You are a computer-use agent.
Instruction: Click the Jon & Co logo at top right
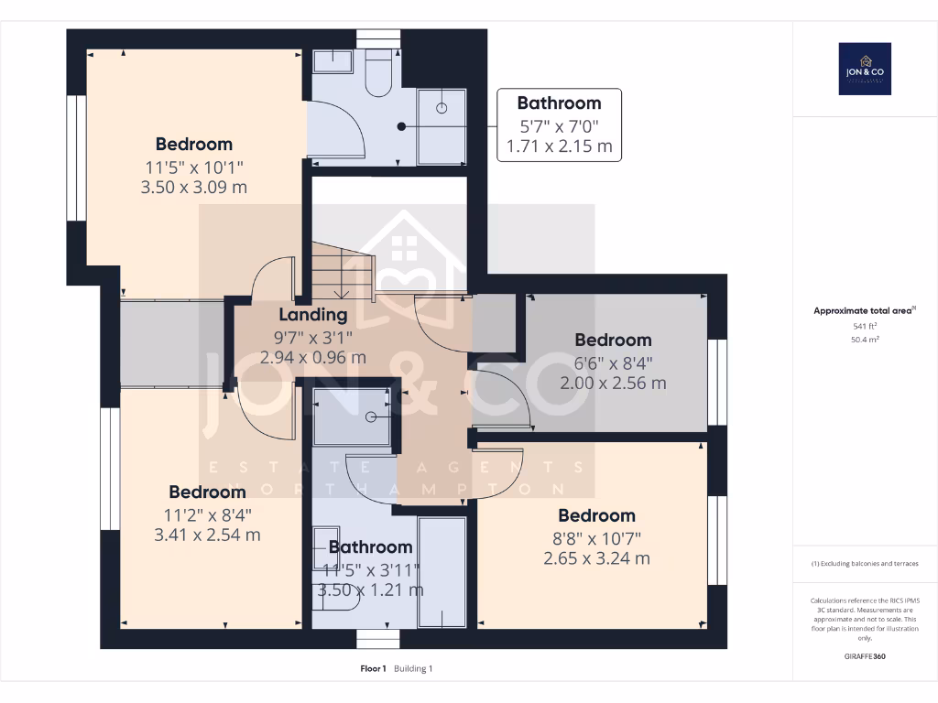click(x=865, y=69)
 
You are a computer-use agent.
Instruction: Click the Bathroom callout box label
click(x=559, y=103)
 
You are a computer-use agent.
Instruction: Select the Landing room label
click(x=312, y=315)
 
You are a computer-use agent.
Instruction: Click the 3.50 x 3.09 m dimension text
click(x=194, y=188)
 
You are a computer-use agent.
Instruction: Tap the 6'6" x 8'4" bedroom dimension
click(x=613, y=362)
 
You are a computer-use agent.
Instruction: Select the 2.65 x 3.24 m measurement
click(x=596, y=558)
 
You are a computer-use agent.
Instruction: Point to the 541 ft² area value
click(x=865, y=326)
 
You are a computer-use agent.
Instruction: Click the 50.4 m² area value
click(x=865, y=339)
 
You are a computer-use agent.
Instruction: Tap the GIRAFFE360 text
click(x=865, y=656)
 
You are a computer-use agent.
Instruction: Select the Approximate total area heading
click(x=864, y=311)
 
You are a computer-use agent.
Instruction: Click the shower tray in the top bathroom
click(x=442, y=126)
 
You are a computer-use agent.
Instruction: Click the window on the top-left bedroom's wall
click(x=76, y=157)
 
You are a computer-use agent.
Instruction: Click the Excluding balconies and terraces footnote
click(x=865, y=563)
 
